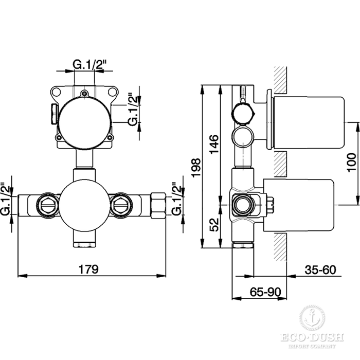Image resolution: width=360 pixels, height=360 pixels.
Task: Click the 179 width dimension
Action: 88,269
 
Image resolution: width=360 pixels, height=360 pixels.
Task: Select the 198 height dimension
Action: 196,167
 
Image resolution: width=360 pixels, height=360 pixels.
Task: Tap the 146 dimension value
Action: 214,145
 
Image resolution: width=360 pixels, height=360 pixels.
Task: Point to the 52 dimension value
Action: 214,225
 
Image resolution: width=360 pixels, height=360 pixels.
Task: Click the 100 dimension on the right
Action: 351,163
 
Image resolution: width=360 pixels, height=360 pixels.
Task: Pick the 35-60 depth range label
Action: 320,270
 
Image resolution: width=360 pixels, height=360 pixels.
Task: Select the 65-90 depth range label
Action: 265,292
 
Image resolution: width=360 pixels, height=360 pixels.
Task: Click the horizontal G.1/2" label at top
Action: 89,64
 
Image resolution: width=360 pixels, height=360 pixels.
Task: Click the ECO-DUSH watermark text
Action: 312,337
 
